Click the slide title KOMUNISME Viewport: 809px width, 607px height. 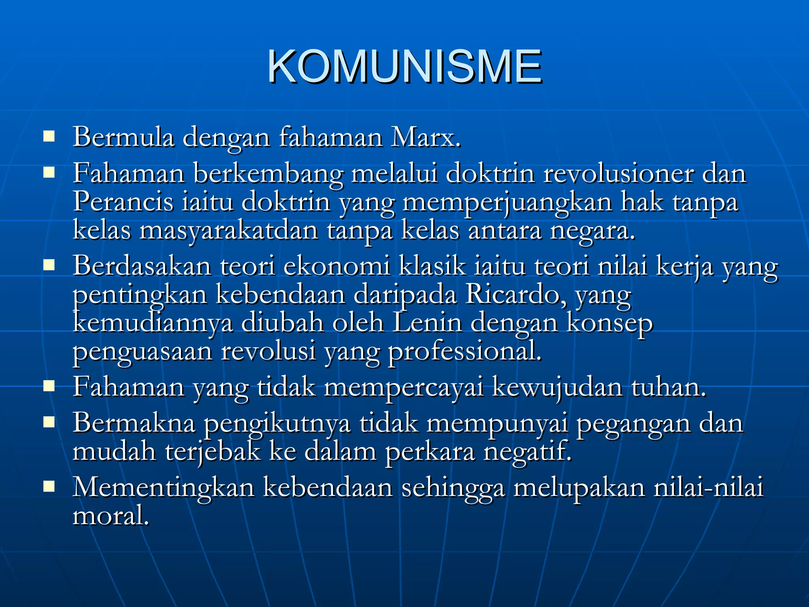[x=404, y=67]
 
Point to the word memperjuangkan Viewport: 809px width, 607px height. [x=507, y=202]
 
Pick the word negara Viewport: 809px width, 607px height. [x=593, y=232]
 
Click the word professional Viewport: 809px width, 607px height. [x=465, y=351]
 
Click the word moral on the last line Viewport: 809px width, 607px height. [x=111, y=516]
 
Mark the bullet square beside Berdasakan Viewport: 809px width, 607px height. [x=49, y=265]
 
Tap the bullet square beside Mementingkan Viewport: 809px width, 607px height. [x=49, y=486]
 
